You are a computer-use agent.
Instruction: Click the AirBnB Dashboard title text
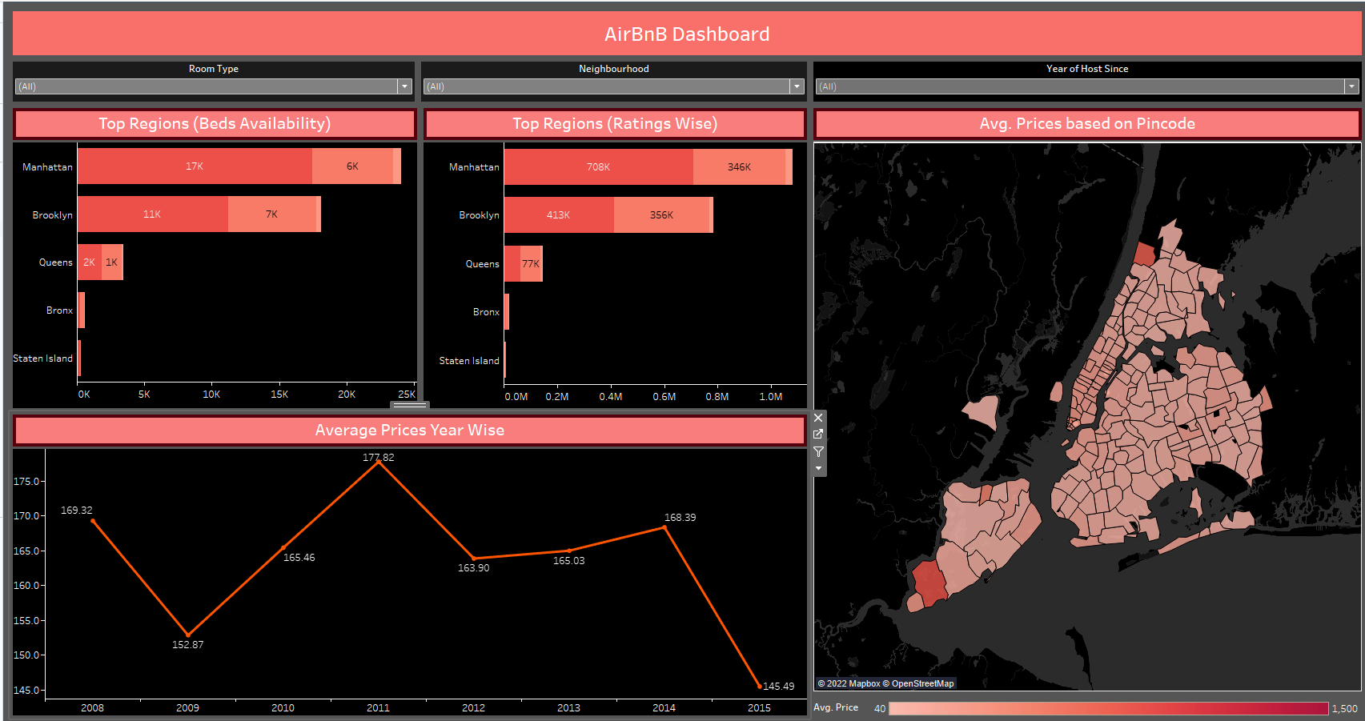(x=686, y=34)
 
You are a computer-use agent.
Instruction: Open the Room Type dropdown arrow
(x=404, y=86)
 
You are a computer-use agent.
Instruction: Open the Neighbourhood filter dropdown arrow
(x=797, y=86)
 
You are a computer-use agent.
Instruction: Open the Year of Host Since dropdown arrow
(x=1351, y=86)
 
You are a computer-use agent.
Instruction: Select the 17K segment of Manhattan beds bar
(x=195, y=166)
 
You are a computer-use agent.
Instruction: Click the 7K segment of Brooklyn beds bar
(x=271, y=214)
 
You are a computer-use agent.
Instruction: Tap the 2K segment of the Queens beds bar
(x=89, y=262)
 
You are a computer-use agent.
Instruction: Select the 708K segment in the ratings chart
(x=598, y=167)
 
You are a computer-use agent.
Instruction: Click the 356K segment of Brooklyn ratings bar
(x=661, y=215)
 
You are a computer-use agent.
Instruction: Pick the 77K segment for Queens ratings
(x=531, y=264)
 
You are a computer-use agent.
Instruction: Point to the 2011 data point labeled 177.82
(x=379, y=463)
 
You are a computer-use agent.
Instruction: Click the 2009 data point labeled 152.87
(x=188, y=635)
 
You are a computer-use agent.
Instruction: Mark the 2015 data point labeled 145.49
(x=759, y=686)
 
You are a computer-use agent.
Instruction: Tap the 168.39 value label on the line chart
(x=680, y=518)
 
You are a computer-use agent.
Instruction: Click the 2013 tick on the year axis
(x=568, y=708)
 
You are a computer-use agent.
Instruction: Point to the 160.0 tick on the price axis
(x=26, y=586)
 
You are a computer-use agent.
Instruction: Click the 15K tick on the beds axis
(x=279, y=395)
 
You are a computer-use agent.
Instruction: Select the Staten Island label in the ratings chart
(x=469, y=361)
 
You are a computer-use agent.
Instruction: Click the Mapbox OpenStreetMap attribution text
(x=885, y=683)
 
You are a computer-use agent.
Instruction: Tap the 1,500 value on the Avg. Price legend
(x=1344, y=709)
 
